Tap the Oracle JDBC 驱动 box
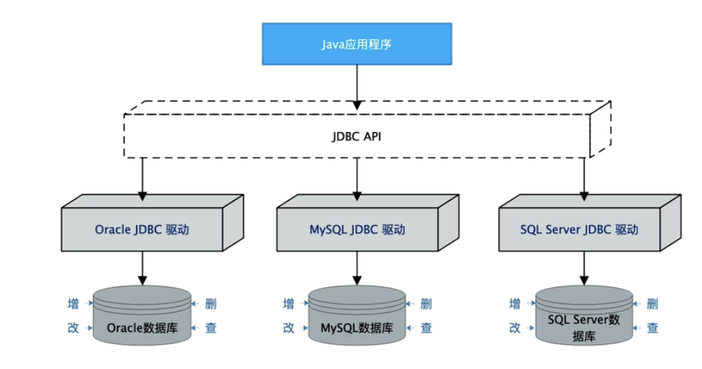click(x=142, y=229)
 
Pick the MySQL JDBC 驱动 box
click(x=357, y=229)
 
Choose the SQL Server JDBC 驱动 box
click(x=579, y=229)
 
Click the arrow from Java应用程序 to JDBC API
click(x=356, y=82)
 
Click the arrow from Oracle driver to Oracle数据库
click(x=142, y=268)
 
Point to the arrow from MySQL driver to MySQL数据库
click(x=357, y=268)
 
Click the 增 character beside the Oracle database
click(x=73, y=304)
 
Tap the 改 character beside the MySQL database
click(x=289, y=328)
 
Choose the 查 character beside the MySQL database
click(x=426, y=328)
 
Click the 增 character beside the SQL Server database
click(x=515, y=304)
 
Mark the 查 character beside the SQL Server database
click(x=652, y=328)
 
